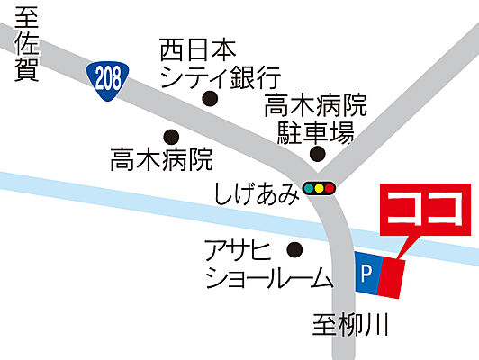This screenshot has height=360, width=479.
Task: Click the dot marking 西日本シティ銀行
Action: [211, 98]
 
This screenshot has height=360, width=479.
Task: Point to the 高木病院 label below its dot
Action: [162, 160]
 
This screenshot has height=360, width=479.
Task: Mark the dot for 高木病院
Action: [170, 137]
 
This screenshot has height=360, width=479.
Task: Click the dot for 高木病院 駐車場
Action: [317, 154]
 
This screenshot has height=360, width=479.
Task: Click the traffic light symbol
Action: [320, 189]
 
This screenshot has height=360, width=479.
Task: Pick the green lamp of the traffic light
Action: [310, 189]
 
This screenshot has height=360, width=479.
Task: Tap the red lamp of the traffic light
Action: [330, 189]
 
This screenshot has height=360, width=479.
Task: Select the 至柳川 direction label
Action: [352, 323]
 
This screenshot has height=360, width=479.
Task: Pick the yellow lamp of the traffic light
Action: [320, 189]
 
